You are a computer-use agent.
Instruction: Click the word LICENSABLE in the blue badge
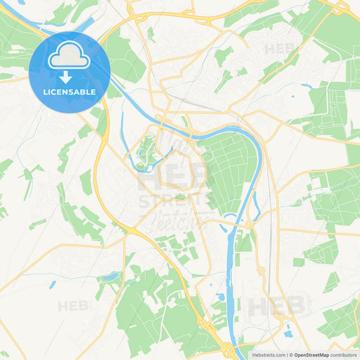point(70,91)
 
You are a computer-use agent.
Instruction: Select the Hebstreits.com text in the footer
point(267,354)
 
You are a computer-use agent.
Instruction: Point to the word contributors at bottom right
point(344,354)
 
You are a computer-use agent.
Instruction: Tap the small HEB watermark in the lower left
point(73,306)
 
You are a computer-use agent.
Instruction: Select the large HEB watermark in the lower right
point(277,306)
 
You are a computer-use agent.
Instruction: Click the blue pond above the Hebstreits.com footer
point(288,332)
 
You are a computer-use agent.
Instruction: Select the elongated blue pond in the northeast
point(308,86)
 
